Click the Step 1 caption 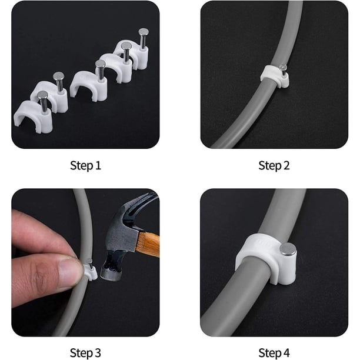85,165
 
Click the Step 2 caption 274,165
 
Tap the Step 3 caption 85,353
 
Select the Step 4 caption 274,353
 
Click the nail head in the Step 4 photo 288,249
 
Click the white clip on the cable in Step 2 274,76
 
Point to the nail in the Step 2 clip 284,69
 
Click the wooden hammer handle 148,244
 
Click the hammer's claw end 144,201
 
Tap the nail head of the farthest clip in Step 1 144,31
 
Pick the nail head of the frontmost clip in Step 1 42,94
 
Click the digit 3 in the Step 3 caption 98,353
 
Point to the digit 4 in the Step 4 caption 286,353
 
